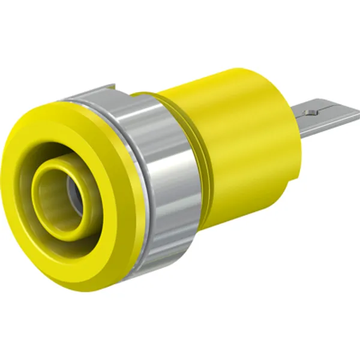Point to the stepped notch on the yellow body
[288, 180]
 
